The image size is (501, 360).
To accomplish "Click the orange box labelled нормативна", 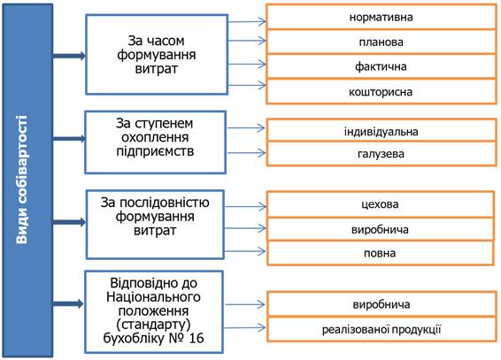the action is pyautogui.click(x=382, y=17).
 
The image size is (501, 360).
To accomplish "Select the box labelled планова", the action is pyautogui.click(x=382, y=42).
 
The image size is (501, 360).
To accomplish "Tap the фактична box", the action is pyautogui.click(x=382, y=66).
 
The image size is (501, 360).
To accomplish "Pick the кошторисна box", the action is pyautogui.click(x=382, y=92).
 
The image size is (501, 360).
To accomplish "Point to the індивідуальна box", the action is pyautogui.click(x=382, y=131).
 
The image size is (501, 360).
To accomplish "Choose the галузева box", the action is pyautogui.click(x=382, y=154).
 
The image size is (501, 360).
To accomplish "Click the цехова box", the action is pyautogui.click(x=381, y=204).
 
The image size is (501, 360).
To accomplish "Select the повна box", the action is pyautogui.click(x=381, y=253).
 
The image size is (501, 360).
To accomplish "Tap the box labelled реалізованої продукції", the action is pyautogui.click(x=382, y=329).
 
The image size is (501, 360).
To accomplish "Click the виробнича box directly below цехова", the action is pyautogui.click(x=381, y=229).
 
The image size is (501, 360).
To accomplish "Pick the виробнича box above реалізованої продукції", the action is pyautogui.click(x=382, y=304).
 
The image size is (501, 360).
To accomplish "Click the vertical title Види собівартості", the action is pyautogui.click(x=22, y=180).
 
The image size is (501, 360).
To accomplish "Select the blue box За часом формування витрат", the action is pyautogui.click(x=157, y=54).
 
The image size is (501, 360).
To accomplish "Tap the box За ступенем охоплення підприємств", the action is pyautogui.click(x=155, y=142).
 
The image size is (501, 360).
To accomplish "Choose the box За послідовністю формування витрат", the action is pyautogui.click(x=155, y=225).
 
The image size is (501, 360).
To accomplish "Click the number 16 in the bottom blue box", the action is pyautogui.click(x=197, y=338).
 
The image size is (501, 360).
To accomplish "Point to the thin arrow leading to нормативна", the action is pyautogui.click(x=247, y=22).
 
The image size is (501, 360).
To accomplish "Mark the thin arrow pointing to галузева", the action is pyautogui.click(x=246, y=153).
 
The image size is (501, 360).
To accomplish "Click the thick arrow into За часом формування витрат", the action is pyautogui.click(x=69, y=56).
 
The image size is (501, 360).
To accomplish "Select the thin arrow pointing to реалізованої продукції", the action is pyautogui.click(x=245, y=328).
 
